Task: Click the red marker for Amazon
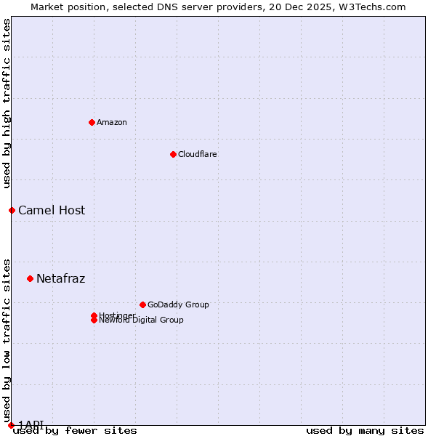click(x=92, y=122)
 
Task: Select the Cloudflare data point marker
click(x=173, y=154)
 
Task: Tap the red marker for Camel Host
click(x=12, y=210)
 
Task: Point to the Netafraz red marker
click(x=30, y=278)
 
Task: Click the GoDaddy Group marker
click(x=142, y=304)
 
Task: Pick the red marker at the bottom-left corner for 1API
click(x=11, y=425)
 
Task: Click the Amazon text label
click(x=111, y=122)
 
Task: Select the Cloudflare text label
click(x=197, y=154)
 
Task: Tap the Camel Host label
click(x=52, y=211)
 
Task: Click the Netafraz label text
click(x=60, y=279)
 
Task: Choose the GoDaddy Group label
click(x=178, y=304)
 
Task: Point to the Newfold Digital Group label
click(x=141, y=320)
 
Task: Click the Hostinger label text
click(x=117, y=315)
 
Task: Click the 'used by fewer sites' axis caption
click(x=75, y=431)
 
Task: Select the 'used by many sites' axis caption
click(x=365, y=431)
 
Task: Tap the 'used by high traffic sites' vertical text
click(x=7, y=103)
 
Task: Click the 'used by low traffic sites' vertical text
click(x=7, y=342)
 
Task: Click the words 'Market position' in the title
click(x=65, y=7)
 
